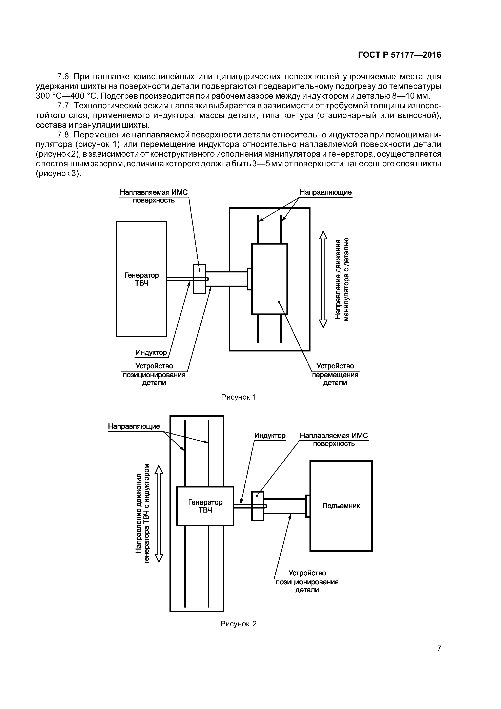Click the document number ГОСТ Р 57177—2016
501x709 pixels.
click(x=399, y=55)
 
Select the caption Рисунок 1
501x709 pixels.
click(x=238, y=397)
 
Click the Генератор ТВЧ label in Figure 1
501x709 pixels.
click(x=141, y=279)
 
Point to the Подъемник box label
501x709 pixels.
click(x=341, y=506)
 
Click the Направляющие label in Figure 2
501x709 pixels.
click(x=134, y=426)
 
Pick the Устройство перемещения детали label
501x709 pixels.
click(x=335, y=375)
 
